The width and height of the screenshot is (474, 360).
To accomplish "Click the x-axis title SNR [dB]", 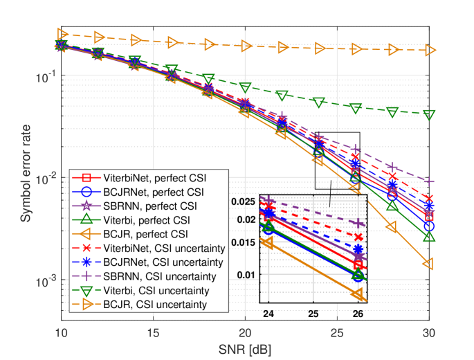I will (246, 347).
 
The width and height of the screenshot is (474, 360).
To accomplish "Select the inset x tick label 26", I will (358, 313).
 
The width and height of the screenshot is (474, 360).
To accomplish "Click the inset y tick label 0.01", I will (246, 275).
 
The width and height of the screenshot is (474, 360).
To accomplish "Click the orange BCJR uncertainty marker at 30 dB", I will (429, 51).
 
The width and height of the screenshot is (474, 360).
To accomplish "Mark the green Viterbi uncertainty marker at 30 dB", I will (429, 114).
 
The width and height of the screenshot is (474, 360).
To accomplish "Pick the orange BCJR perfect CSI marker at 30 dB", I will (429, 264).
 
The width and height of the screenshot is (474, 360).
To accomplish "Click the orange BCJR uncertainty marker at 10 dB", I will (62, 34).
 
